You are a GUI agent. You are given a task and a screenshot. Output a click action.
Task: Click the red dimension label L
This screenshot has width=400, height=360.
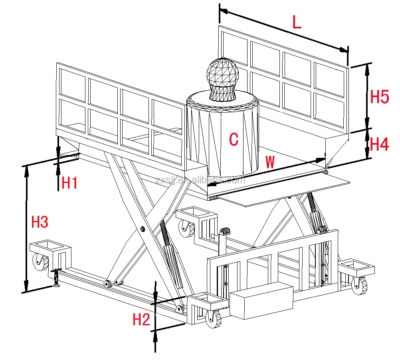click(297, 23)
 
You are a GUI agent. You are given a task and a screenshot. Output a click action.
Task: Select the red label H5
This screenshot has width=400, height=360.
click(380, 97)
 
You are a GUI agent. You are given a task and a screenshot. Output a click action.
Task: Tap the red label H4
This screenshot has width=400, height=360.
click(380, 144)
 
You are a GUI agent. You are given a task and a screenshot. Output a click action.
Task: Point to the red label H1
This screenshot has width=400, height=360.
click(69, 183)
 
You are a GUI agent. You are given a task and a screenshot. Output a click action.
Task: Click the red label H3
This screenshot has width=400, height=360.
click(40, 222)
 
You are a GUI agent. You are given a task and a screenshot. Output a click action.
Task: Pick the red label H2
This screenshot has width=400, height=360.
click(141, 320)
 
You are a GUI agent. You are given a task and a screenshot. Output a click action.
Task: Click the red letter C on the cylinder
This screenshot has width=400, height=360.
click(234, 139)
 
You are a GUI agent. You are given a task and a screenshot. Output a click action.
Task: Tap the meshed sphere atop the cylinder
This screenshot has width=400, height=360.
click(222, 77)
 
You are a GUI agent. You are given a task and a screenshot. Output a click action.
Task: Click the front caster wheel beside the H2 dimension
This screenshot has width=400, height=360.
click(213, 319)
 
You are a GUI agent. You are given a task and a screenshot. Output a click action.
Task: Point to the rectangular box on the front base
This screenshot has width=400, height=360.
click(261, 300)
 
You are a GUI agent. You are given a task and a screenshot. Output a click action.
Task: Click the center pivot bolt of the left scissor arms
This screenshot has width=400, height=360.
click(143, 229)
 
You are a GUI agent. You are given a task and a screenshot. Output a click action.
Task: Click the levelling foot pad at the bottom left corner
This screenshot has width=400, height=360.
click(56, 285)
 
